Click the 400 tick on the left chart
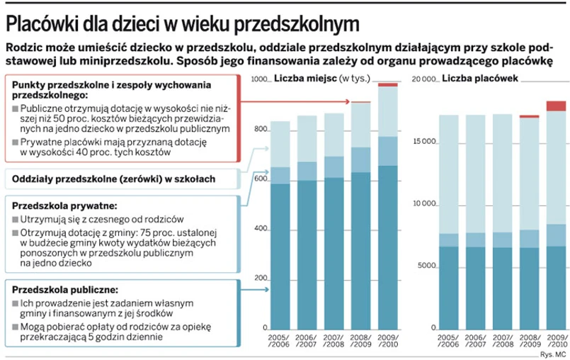[x=261, y=230]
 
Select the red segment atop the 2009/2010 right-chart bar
[x=556, y=106]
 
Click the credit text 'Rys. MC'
[x=551, y=353]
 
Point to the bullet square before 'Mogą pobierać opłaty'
[x=16, y=327]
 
